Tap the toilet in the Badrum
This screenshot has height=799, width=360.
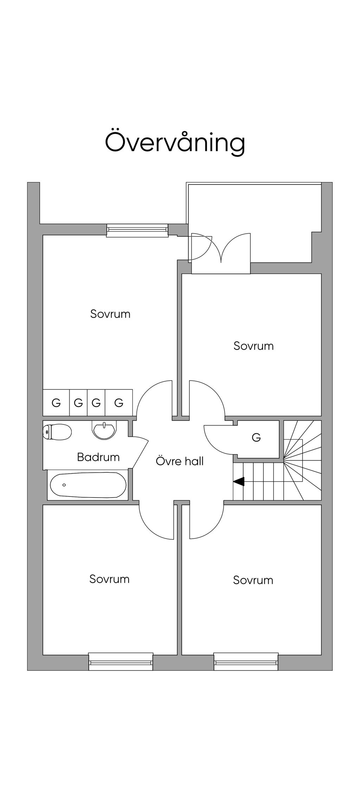pos(57,432)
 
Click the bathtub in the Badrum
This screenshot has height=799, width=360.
pos(88,485)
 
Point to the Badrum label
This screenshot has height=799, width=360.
pos(98,457)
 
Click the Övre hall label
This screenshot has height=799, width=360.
pos(180,461)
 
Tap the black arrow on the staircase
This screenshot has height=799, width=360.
pos(239,481)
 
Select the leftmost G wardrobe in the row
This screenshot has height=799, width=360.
pos(56,403)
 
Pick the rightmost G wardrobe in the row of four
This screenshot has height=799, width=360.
pos(119,403)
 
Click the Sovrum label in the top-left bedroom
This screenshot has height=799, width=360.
pos(110,314)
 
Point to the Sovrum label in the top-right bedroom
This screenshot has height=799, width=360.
pos(253,346)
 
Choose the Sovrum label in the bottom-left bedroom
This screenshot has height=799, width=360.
pos(109,579)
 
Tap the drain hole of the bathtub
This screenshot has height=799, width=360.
pos(64,485)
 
